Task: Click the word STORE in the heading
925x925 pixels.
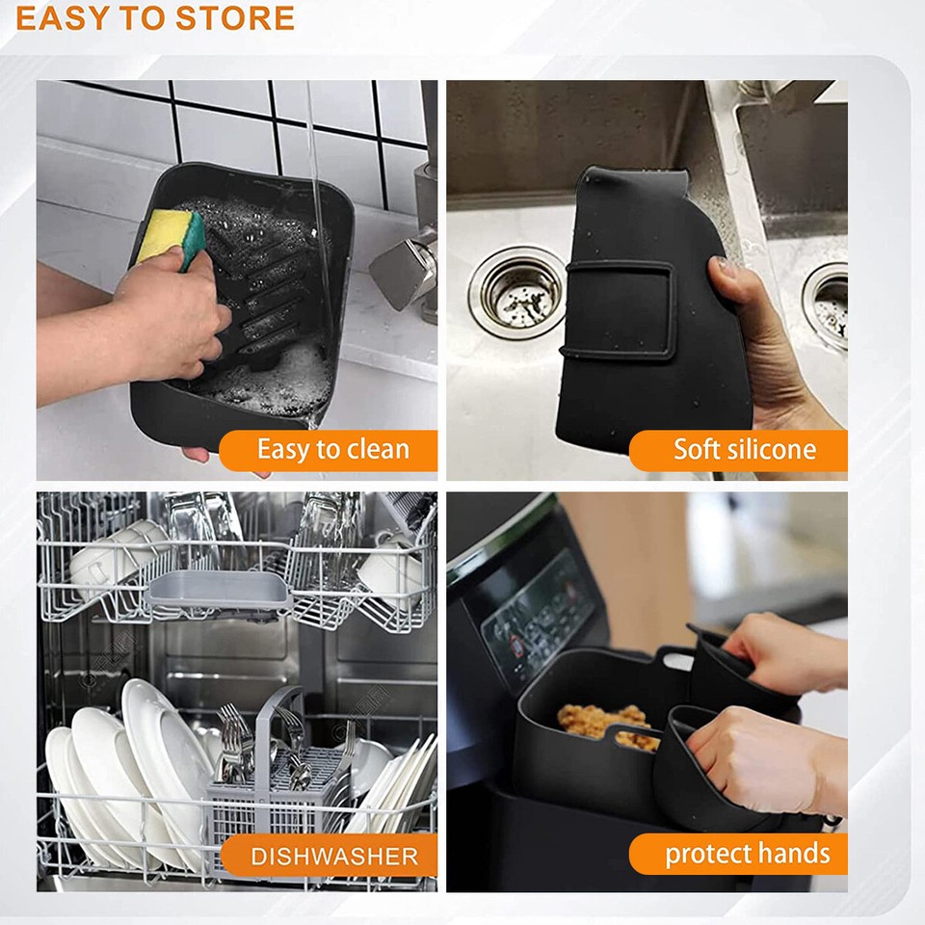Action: [x=232, y=17]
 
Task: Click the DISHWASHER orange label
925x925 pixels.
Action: [x=333, y=856]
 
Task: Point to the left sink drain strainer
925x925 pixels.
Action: [x=517, y=292]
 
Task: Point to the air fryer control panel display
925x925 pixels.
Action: [x=540, y=617]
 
